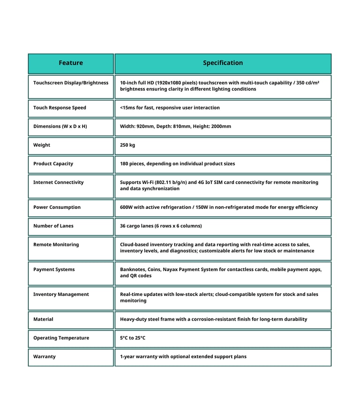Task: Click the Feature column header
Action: point(71,63)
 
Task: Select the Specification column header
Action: point(223,63)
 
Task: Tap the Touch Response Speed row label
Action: point(60,108)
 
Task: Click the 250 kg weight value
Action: point(127,145)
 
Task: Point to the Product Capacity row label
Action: point(53,164)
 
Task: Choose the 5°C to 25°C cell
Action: point(133,338)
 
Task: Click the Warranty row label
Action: point(44,357)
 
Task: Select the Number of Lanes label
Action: point(53,226)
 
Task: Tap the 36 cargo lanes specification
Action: point(161,226)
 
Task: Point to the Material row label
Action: point(43,319)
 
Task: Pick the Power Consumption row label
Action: point(57,207)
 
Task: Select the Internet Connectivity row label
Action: point(58,183)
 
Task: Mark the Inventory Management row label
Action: point(61,295)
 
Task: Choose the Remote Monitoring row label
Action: point(56,245)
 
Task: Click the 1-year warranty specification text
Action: point(183,357)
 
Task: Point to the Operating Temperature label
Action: point(61,338)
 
